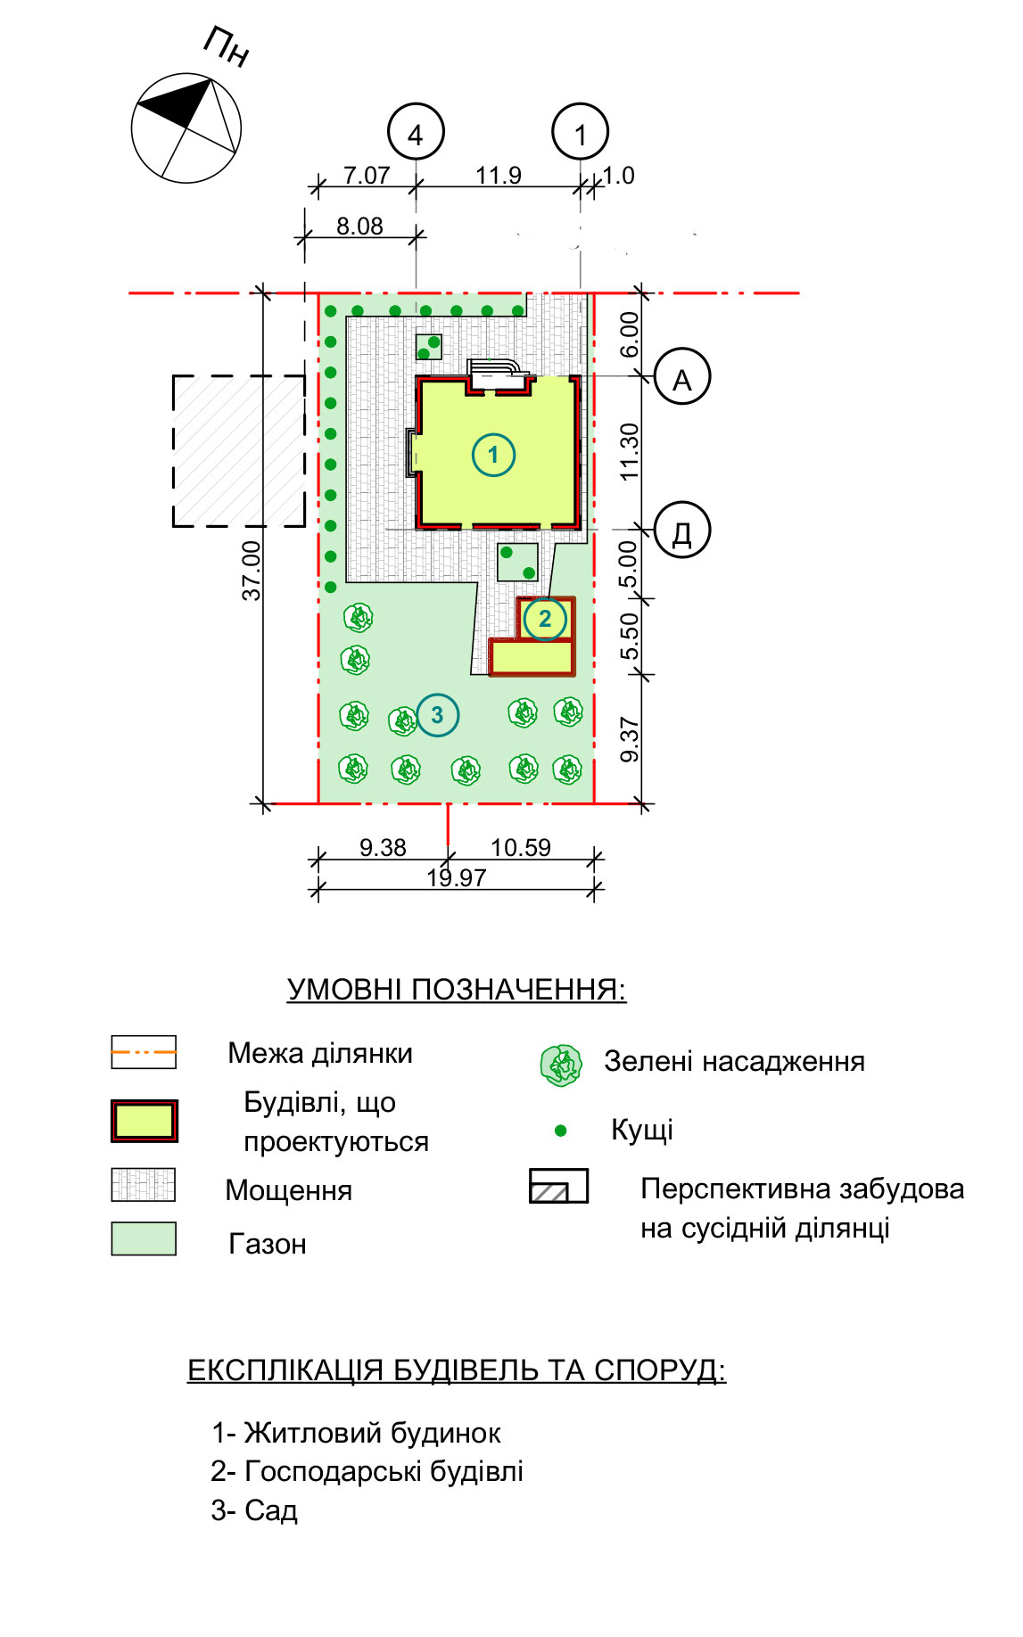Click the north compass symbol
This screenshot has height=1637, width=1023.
coord(186,128)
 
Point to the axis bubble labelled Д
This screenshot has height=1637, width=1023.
coord(682,530)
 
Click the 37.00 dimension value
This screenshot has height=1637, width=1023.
coord(252,571)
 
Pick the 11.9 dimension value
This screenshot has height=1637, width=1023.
coord(499,175)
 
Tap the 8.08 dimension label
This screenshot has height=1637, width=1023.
coord(359,226)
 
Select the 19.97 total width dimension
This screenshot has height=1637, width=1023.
coord(457,877)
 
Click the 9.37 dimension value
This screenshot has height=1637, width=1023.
coord(630,740)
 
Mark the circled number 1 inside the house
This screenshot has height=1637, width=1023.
coord(493,455)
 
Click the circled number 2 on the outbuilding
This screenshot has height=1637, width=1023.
coord(545,619)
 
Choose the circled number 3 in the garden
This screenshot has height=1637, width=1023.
coord(437,715)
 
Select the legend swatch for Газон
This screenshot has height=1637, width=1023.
coord(144,1238)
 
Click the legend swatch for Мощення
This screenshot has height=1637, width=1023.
coord(144,1185)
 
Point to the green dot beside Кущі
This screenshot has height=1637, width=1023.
coord(561,1131)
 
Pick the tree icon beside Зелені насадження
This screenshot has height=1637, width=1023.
coord(561,1065)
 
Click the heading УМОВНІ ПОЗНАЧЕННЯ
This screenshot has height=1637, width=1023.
coord(457,990)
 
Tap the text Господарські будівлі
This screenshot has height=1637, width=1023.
coord(384,1471)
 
